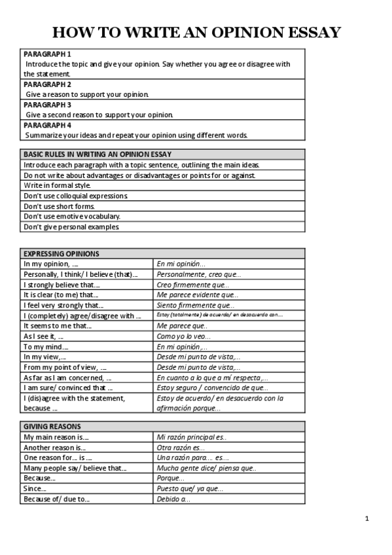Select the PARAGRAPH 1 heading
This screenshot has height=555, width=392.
tap(48, 54)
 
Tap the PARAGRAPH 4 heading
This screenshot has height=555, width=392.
tap(48, 125)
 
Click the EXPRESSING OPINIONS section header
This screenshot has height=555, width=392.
tap(62, 253)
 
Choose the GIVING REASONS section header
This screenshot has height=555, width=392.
tap(52, 426)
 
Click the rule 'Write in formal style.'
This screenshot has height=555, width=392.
tap(57, 185)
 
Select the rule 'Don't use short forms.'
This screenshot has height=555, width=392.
tap(59, 206)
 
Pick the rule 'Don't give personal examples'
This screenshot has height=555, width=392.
tap(71, 226)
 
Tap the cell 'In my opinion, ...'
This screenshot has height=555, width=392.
tap(51, 264)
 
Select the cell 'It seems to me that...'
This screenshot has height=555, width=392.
tap(58, 326)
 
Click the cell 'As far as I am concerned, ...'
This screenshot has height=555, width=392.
tap(67, 378)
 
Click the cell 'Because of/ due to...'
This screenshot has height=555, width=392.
tap(56, 499)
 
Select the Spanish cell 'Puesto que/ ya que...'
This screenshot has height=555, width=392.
tap(190, 489)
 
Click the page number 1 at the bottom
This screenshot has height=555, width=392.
tap(367, 519)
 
